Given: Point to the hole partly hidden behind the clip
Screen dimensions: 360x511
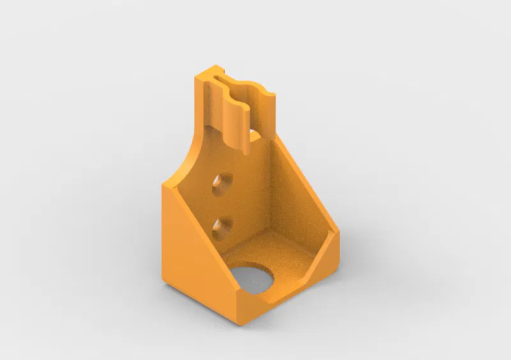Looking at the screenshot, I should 254,135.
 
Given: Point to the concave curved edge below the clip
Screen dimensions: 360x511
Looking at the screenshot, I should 185,160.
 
